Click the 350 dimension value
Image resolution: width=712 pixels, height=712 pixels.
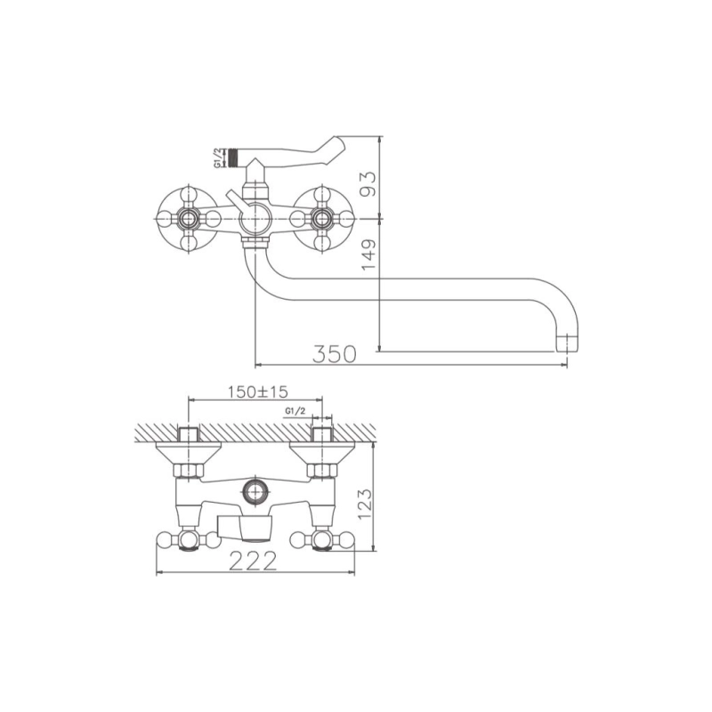pyautogui.click(x=335, y=354)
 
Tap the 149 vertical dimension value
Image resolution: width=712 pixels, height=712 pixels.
pyautogui.click(x=369, y=255)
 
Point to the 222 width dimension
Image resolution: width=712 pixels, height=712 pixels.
pyautogui.click(x=253, y=562)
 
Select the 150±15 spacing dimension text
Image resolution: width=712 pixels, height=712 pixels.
pyautogui.click(x=257, y=392)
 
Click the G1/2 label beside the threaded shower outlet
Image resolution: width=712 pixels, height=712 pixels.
pyautogui.click(x=219, y=158)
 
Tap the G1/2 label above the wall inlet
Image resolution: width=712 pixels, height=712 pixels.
pyautogui.click(x=295, y=411)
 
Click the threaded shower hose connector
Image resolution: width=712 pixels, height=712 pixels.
pyautogui.click(x=233, y=158)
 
